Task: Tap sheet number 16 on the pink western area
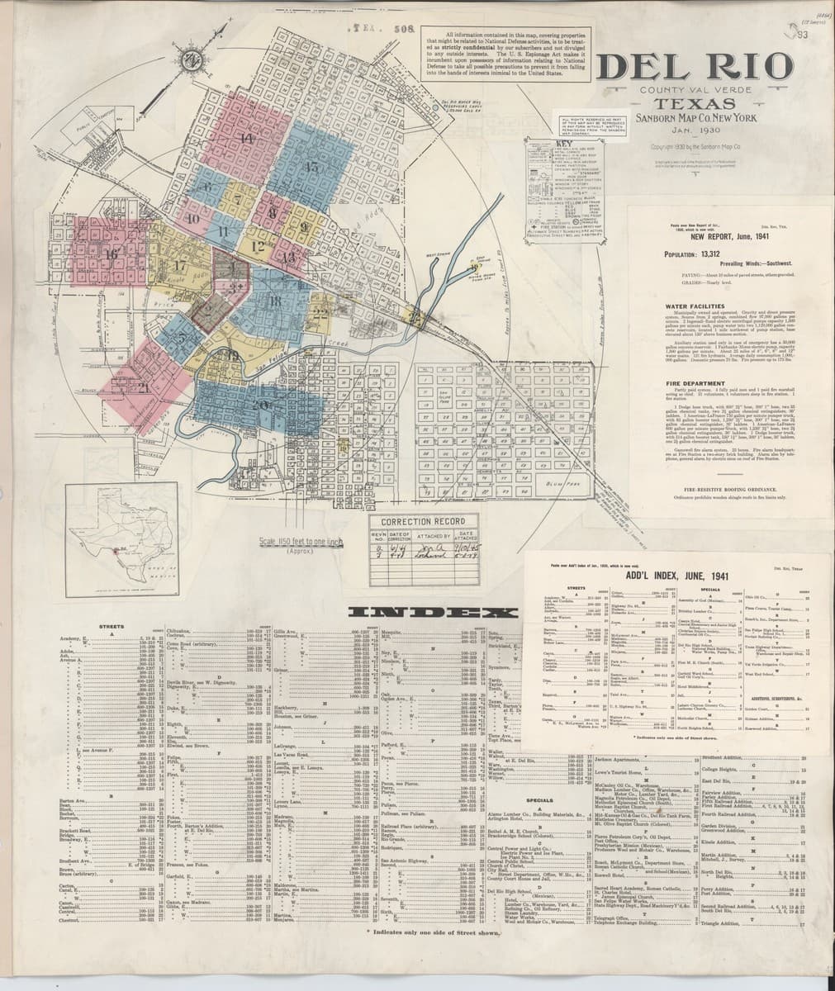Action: (x=111, y=254)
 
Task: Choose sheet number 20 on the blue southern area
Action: (x=263, y=404)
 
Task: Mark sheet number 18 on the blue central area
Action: (x=274, y=300)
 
